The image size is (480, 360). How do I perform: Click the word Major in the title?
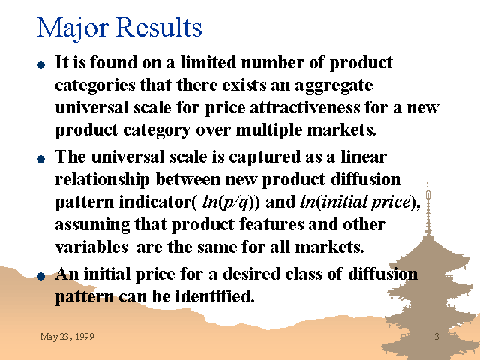pyautogui.click(x=72, y=28)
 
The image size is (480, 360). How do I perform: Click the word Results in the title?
pyautogui.click(x=159, y=27)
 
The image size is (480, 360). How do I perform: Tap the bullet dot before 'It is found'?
pyautogui.click(x=40, y=64)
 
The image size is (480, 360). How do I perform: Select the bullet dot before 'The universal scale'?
pyautogui.click(x=40, y=159)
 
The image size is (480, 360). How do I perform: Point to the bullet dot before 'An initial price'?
pyautogui.click(x=40, y=276)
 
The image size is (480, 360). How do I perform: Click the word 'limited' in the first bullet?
pyautogui.click(x=208, y=62)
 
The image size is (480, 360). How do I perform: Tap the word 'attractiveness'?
pyautogui.click(x=305, y=108)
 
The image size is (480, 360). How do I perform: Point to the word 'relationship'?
pyautogui.click(x=102, y=181)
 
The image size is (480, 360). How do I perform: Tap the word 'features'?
pyautogui.click(x=271, y=224)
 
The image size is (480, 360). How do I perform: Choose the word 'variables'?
pyautogui.click(x=91, y=247)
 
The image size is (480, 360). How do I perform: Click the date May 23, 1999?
pyautogui.click(x=67, y=337)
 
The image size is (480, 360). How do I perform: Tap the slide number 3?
pyautogui.click(x=436, y=337)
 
